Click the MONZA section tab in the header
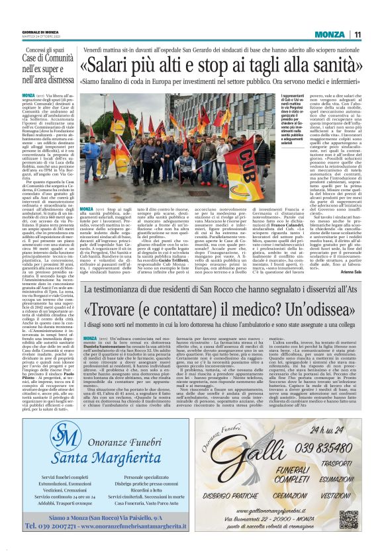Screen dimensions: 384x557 329,34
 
